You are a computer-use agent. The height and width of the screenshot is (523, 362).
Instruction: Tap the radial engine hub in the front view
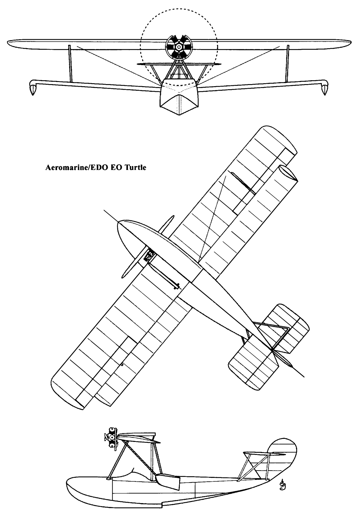pos(179,47)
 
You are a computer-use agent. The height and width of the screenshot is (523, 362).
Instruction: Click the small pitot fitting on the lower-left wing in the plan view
pos(122,364)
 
